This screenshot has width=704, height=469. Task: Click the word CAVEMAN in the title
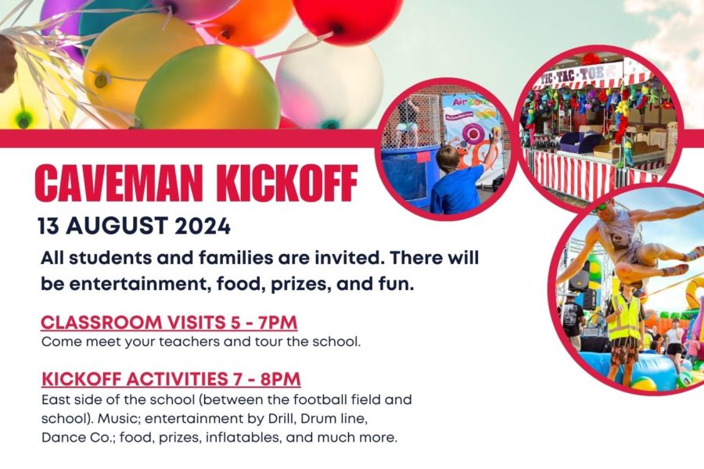(119, 183)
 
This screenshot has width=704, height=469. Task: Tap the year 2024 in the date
(203, 226)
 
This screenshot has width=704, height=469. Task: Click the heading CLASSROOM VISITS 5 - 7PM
(169, 322)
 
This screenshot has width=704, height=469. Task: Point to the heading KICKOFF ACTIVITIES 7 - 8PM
(171, 379)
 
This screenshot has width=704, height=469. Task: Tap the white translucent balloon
(329, 81)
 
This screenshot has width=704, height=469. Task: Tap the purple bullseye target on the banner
(472, 134)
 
